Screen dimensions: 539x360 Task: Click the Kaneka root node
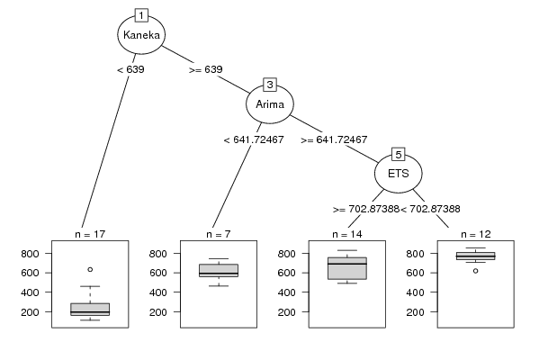tap(141, 35)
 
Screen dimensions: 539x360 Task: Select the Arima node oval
tap(270, 104)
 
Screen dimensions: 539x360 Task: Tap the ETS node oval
tap(399, 174)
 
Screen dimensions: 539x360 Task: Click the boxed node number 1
tap(141, 15)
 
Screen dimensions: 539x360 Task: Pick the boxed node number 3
tap(270, 85)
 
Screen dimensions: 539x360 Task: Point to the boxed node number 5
tap(399, 155)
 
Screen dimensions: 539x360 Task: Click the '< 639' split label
tap(130, 69)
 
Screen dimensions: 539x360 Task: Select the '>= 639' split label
tap(206, 69)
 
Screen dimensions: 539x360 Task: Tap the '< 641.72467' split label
tap(254, 139)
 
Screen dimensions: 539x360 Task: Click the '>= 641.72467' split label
tap(334, 139)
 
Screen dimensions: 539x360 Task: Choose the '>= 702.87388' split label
tap(366, 209)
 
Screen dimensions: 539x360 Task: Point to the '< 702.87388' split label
tap(430, 209)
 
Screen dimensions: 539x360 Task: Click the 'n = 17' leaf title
tap(90, 235)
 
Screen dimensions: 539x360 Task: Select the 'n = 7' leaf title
tap(219, 235)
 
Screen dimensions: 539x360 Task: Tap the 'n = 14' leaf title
tap(347, 235)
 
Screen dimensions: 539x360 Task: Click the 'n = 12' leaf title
tap(476, 235)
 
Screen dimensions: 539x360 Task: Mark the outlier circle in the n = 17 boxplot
tap(90, 270)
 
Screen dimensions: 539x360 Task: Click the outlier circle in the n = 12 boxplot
tap(476, 271)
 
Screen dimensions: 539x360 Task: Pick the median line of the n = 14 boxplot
tap(347, 264)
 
